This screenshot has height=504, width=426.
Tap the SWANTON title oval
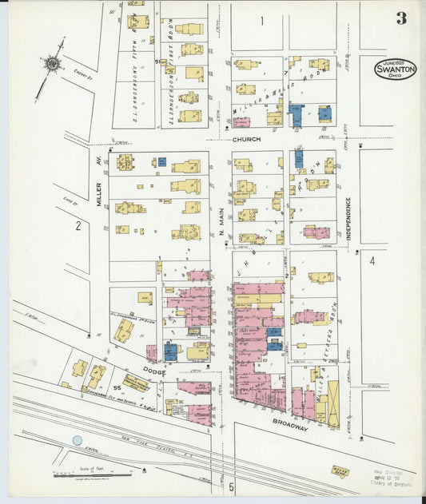click(x=395, y=69)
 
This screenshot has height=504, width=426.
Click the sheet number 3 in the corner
click(x=400, y=18)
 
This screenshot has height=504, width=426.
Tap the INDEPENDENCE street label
click(x=349, y=219)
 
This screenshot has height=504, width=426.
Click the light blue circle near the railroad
click(x=77, y=440)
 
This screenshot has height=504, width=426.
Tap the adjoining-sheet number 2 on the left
click(x=78, y=226)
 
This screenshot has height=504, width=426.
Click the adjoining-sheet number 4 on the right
click(x=372, y=260)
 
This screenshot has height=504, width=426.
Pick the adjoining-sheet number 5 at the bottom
click(x=231, y=486)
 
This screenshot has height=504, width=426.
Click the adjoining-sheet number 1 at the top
click(x=261, y=20)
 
